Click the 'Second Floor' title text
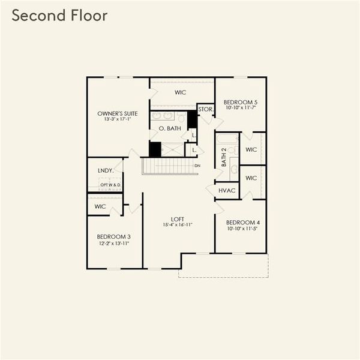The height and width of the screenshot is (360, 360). coord(59,16)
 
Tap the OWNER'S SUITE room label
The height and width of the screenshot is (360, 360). coord(118,113)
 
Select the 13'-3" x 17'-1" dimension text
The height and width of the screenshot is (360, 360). coord(118,119)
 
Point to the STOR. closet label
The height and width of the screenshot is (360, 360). coord(205,109)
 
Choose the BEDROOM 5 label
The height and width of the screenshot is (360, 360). coord(240,101)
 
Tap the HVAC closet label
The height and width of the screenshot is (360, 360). coord(227,191)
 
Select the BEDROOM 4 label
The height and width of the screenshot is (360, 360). coord(242,222)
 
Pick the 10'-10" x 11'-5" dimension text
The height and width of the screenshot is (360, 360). coord(242,229)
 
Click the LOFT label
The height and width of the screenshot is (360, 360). coord(177,219)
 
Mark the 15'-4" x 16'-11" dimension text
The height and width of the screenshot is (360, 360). coord(177,225)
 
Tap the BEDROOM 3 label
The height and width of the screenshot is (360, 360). coord(113,236)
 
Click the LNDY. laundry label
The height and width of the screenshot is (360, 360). coord(105,171)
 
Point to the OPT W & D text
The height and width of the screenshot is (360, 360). coord(110,185)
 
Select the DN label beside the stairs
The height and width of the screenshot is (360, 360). coord(197,166)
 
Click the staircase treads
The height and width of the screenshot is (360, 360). coord(169,166)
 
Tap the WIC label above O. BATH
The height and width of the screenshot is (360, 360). coord(180,93)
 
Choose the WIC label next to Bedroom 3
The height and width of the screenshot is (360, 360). coord(100,206)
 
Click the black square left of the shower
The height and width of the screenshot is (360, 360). coord(155,149)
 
